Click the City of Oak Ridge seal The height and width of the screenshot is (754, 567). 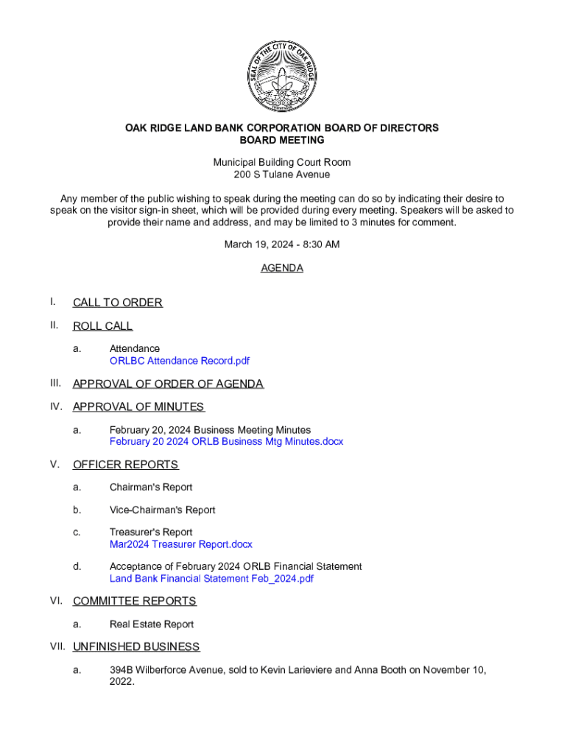tap(282, 76)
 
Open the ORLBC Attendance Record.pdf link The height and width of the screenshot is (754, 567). tap(180, 361)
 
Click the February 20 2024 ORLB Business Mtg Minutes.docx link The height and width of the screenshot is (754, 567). tap(226, 442)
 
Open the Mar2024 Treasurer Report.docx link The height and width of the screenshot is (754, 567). tap(180, 544)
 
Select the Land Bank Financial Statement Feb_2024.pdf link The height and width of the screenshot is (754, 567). tap(211, 579)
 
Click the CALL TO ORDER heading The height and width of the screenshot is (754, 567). tap(118, 303)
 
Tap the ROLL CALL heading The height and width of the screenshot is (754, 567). tap(102, 326)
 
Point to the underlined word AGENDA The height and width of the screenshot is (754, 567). tap(282, 269)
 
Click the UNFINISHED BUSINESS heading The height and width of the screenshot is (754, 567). tap(136, 647)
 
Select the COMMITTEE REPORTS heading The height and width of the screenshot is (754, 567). tap(135, 602)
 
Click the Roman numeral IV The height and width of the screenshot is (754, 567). tap(55, 406)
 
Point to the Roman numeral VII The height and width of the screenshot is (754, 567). tap(57, 646)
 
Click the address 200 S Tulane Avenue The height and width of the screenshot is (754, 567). tap(282, 175)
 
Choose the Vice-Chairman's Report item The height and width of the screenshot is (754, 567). tap(162, 510)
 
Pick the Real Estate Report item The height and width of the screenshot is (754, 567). tap(152, 624)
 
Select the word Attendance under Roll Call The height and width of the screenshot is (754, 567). tap(135, 348)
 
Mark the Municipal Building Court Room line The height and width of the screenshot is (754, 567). tap(282, 162)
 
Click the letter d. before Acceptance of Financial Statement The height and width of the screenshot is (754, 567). tap(77, 567)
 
